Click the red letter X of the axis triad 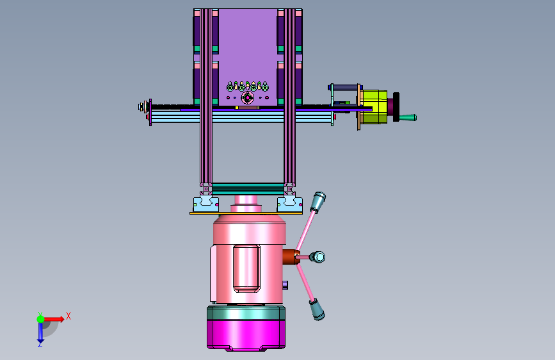(x=68, y=316)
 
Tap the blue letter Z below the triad (x=40, y=344)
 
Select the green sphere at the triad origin (x=41, y=319)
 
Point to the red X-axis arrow (x=54, y=319)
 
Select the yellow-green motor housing (x=374, y=106)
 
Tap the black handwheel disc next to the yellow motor (x=396, y=106)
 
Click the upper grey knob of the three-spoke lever (x=318, y=202)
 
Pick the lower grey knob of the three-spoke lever (x=317, y=309)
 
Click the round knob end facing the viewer (x=319, y=257)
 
